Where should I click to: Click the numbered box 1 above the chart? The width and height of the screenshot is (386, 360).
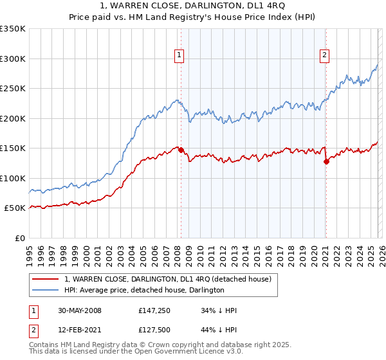178,56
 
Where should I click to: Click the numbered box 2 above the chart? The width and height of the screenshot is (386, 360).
325,56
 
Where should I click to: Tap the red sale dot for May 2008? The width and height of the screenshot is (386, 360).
181,150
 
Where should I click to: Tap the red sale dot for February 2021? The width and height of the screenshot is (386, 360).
326,162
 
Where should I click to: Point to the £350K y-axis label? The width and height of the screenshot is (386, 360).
13,29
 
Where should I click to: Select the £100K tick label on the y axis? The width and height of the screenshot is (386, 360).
13,178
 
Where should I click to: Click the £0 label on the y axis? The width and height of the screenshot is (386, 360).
20,238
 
